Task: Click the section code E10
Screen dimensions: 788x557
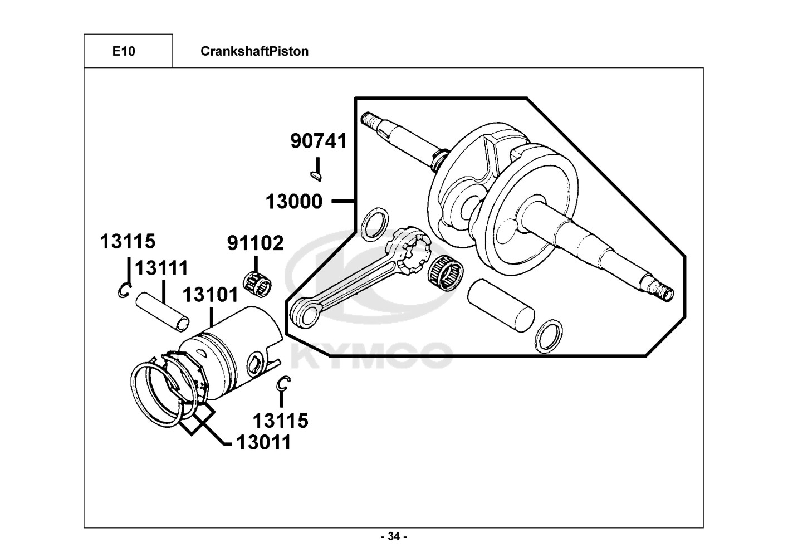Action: click(x=124, y=51)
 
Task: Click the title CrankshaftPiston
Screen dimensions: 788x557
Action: click(x=254, y=51)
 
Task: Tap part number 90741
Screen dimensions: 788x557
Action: click(x=319, y=141)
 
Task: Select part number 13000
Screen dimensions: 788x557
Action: click(x=293, y=202)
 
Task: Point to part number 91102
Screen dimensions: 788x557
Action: click(x=256, y=243)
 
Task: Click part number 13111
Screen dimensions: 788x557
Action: click(x=161, y=268)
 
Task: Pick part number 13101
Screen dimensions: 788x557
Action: click(x=211, y=295)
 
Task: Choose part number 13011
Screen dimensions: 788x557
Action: click(x=263, y=442)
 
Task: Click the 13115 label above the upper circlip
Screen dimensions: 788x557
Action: click(x=128, y=241)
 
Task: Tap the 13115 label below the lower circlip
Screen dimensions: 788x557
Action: click(x=280, y=421)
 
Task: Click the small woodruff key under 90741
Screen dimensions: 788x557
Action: click(x=316, y=175)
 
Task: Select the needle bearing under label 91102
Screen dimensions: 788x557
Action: click(x=257, y=284)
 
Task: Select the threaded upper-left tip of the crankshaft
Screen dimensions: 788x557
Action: click(x=368, y=119)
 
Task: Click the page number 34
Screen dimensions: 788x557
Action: click(x=394, y=536)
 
